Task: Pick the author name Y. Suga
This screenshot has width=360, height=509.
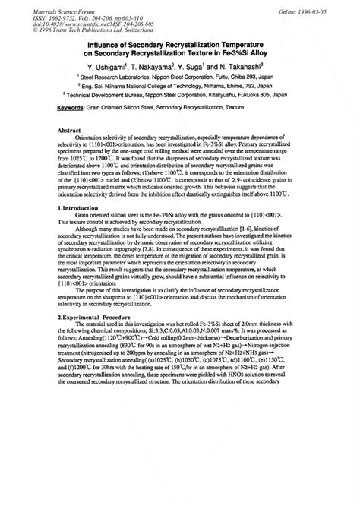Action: point(216,66)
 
